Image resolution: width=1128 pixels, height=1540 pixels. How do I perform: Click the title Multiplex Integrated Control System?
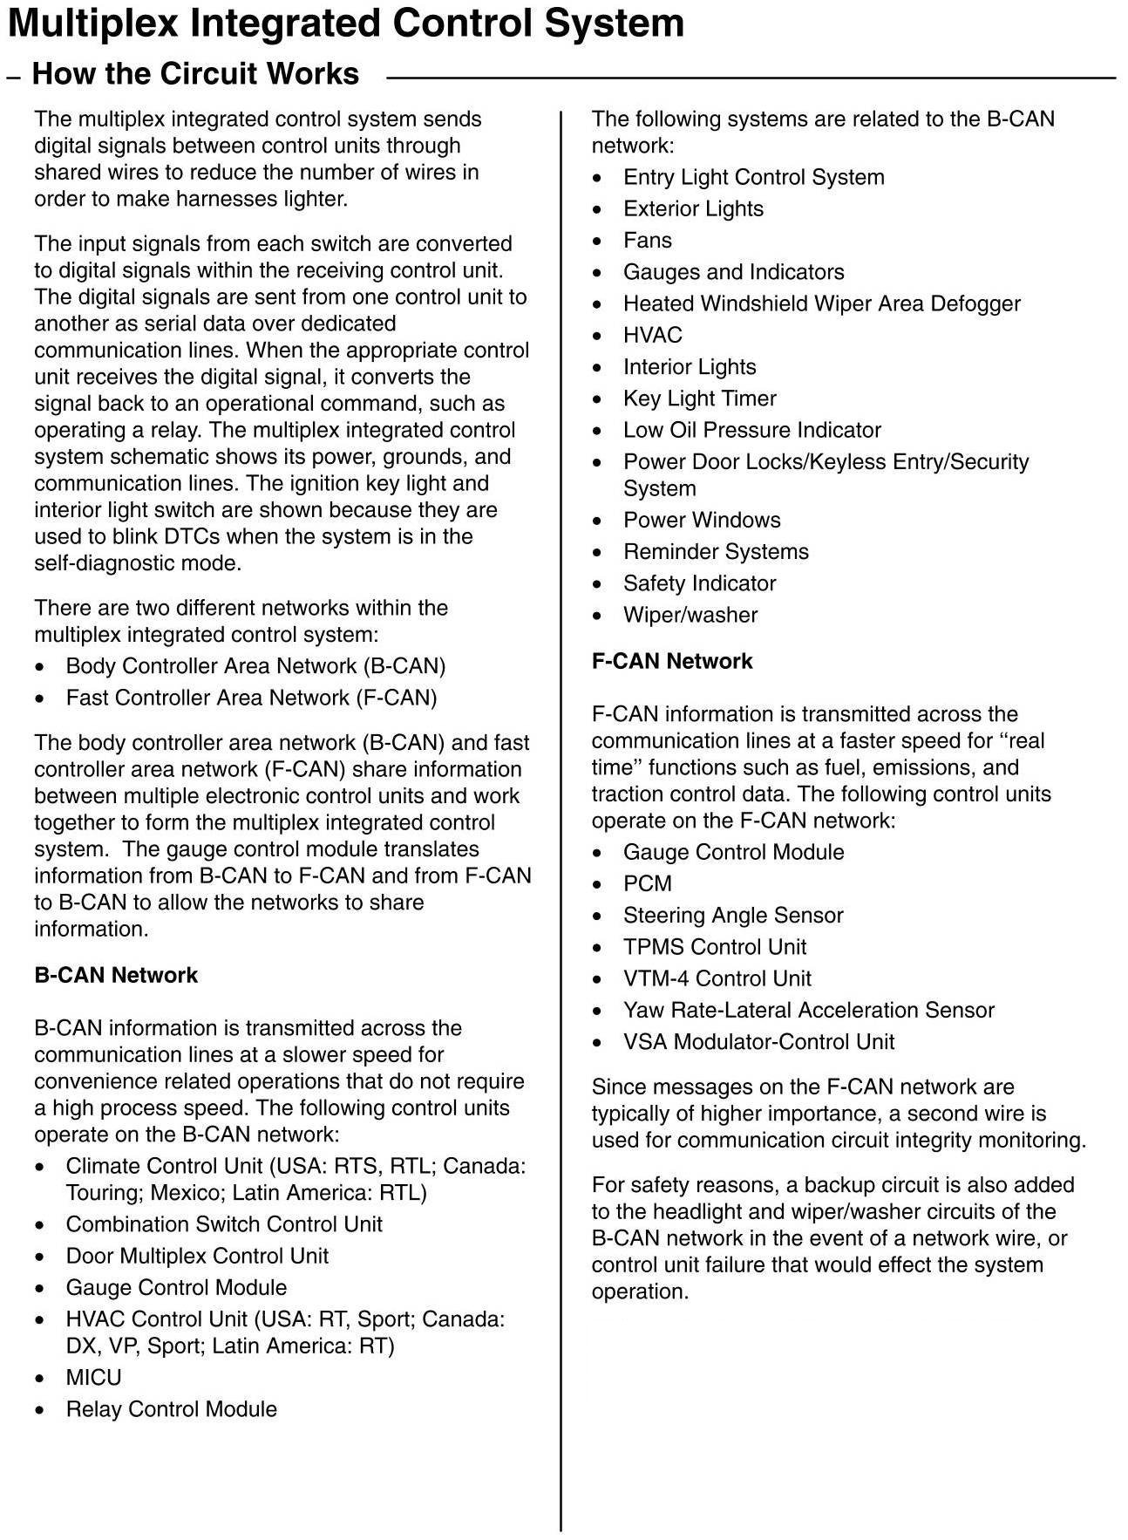(x=346, y=24)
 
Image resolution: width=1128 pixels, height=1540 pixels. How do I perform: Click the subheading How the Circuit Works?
(x=195, y=74)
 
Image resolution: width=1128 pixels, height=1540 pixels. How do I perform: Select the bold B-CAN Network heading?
(x=116, y=975)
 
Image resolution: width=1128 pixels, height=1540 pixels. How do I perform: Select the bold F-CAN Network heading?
(x=671, y=661)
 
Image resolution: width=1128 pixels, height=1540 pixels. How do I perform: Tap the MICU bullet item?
(x=93, y=1377)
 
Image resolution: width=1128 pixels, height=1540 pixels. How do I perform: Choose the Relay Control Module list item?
(x=171, y=1408)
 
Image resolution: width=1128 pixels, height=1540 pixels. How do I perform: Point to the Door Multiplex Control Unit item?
(x=197, y=1256)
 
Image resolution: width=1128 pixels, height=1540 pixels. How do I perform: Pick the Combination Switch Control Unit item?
(x=224, y=1224)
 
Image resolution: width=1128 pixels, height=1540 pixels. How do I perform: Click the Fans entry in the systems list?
(x=647, y=241)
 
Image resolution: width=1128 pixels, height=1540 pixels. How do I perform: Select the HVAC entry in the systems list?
(x=652, y=336)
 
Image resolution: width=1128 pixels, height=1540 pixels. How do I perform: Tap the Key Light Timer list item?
(x=699, y=399)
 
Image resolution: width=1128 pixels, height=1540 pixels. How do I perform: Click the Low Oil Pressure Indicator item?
(x=751, y=430)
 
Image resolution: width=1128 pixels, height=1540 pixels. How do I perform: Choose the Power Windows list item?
(x=702, y=520)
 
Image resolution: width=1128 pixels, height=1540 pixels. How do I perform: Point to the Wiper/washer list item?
(x=690, y=615)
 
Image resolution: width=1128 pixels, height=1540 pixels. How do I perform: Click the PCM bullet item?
(x=647, y=883)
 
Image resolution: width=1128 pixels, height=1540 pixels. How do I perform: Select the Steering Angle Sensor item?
(x=733, y=915)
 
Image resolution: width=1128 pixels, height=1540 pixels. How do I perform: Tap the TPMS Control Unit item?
(x=715, y=947)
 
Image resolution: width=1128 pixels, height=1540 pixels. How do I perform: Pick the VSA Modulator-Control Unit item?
(x=758, y=1041)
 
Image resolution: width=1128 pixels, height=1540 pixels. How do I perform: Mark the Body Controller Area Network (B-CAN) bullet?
(x=255, y=666)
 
